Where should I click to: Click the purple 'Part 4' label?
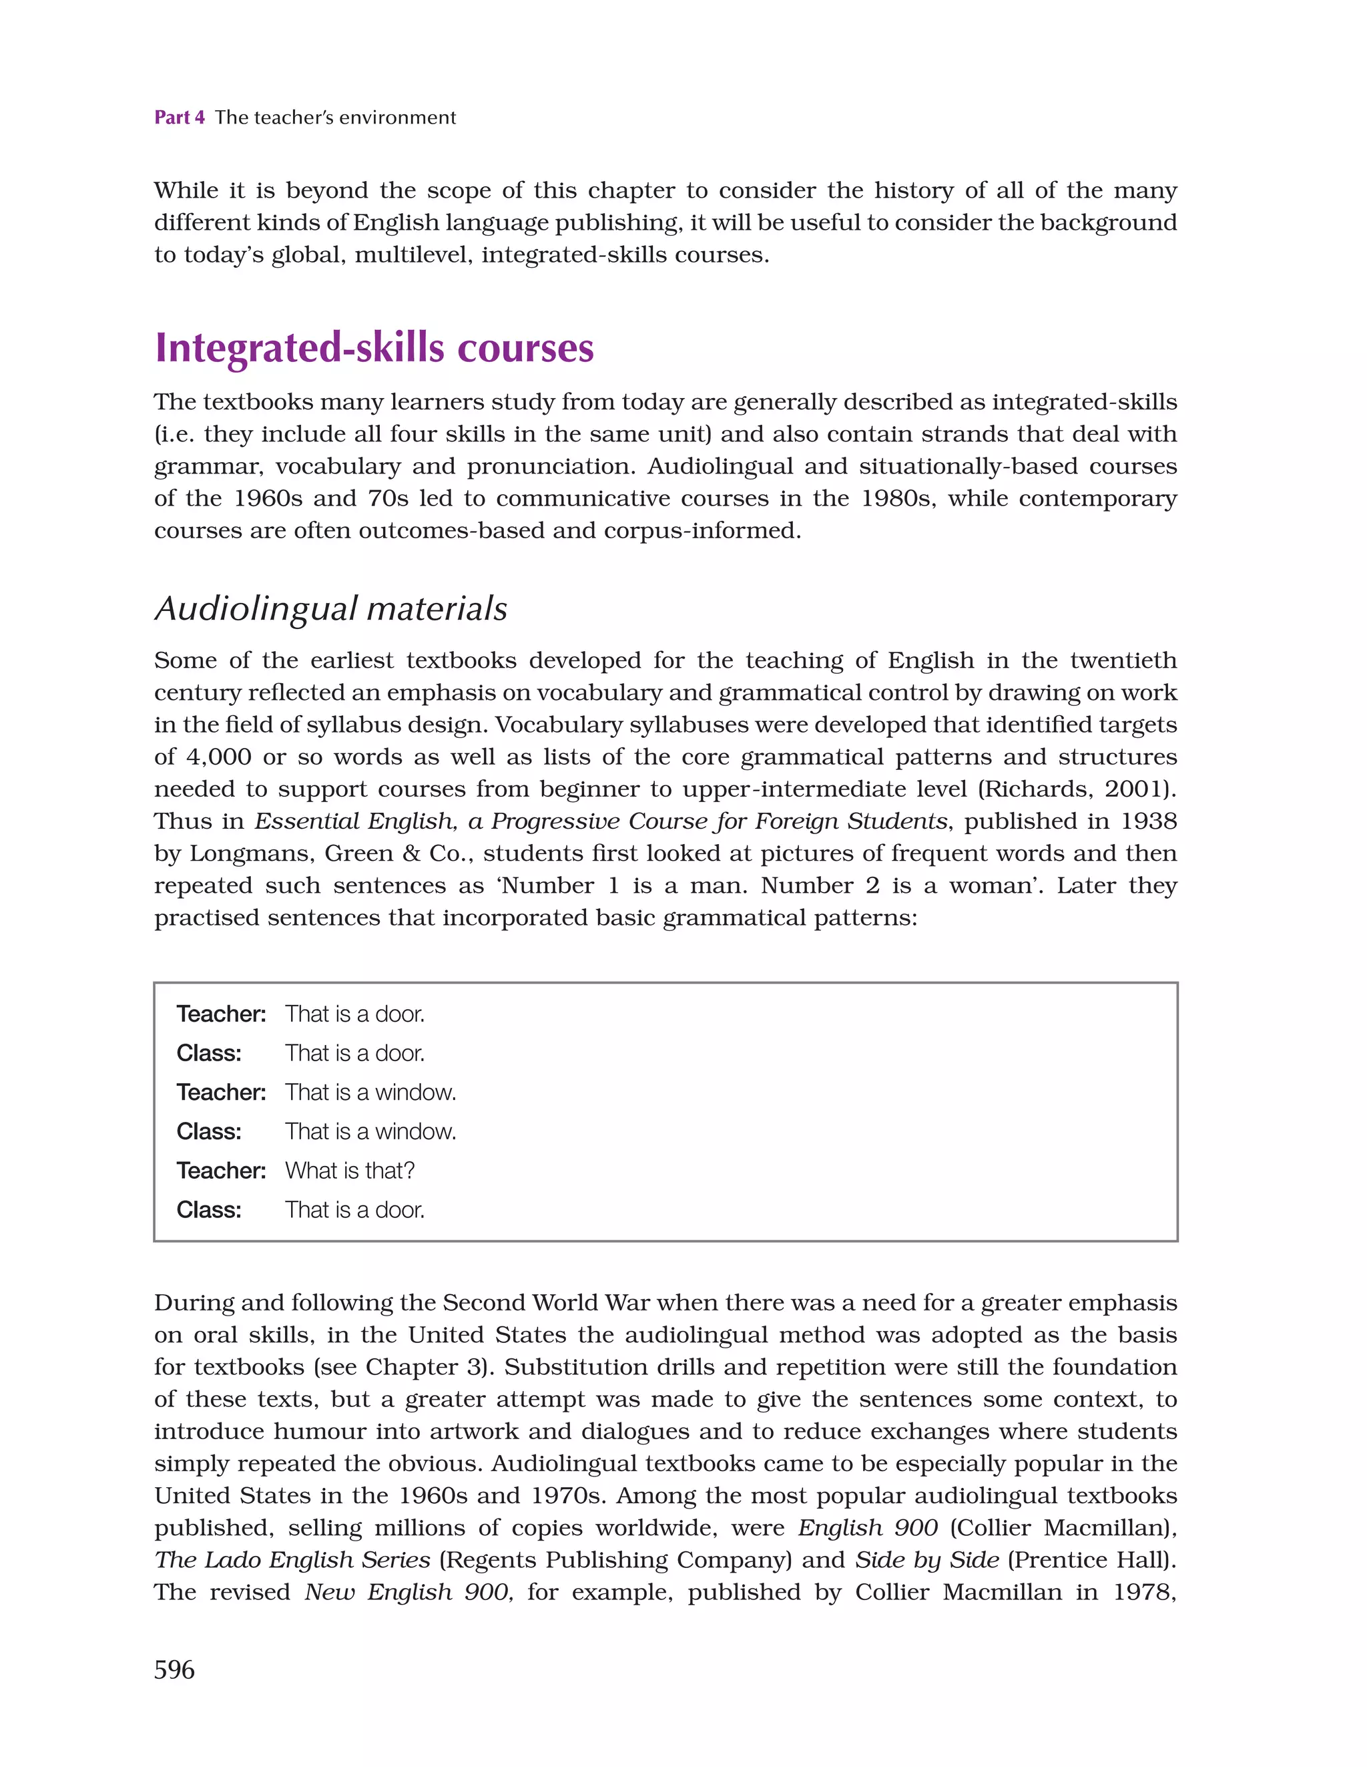(180, 118)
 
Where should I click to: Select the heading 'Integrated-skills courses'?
(374, 348)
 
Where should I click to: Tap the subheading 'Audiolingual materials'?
(331, 608)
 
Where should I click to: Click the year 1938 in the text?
(1148, 821)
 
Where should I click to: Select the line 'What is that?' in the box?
(350, 1171)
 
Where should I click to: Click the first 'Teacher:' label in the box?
(221, 1014)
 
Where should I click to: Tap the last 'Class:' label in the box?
(209, 1209)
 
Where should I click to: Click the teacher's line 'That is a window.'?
(370, 1093)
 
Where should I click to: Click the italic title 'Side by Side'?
(927, 1560)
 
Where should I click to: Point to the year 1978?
(1143, 1592)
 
